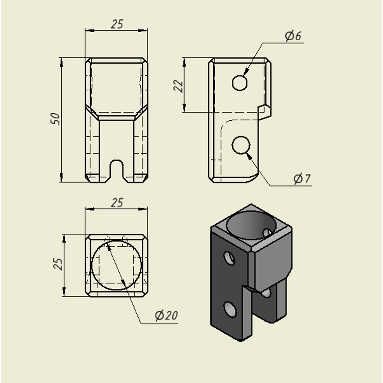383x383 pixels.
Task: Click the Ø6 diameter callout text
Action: pyautogui.click(x=293, y=36)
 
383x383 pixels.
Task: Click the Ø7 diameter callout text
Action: pyautogui.click(x=302, y=179)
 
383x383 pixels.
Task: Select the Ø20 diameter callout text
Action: pyautogui.click(x=166, y=315)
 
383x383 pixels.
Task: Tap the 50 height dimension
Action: pyautogui.click(x=56, y=119)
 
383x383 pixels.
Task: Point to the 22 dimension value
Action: pyautogui.click(x=178, y=86)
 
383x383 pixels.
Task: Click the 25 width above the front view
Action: pyautogui.click(x=117, y=24)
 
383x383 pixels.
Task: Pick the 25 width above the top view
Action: pyautogui.click(x=117, y=203)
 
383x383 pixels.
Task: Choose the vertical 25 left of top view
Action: pyautogui.click(x=58, y=264)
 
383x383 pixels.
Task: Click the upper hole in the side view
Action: pyautogui.click(x=240, y=83)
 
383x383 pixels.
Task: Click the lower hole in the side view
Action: pyautogui.click(x=241, y=145)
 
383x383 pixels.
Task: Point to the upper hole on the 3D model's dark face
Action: pyautogui.click(x=229, y=258)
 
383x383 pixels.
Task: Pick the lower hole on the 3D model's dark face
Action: pyautogui.click(x=230, y=309)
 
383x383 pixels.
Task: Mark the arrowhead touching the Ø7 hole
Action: pyautogui.click(x=249, y=156)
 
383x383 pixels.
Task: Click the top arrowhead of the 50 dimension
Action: pyautogui.click(x=61, y=62)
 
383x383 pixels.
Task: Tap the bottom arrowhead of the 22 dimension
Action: pyautogui.click(x=184, y=108)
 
